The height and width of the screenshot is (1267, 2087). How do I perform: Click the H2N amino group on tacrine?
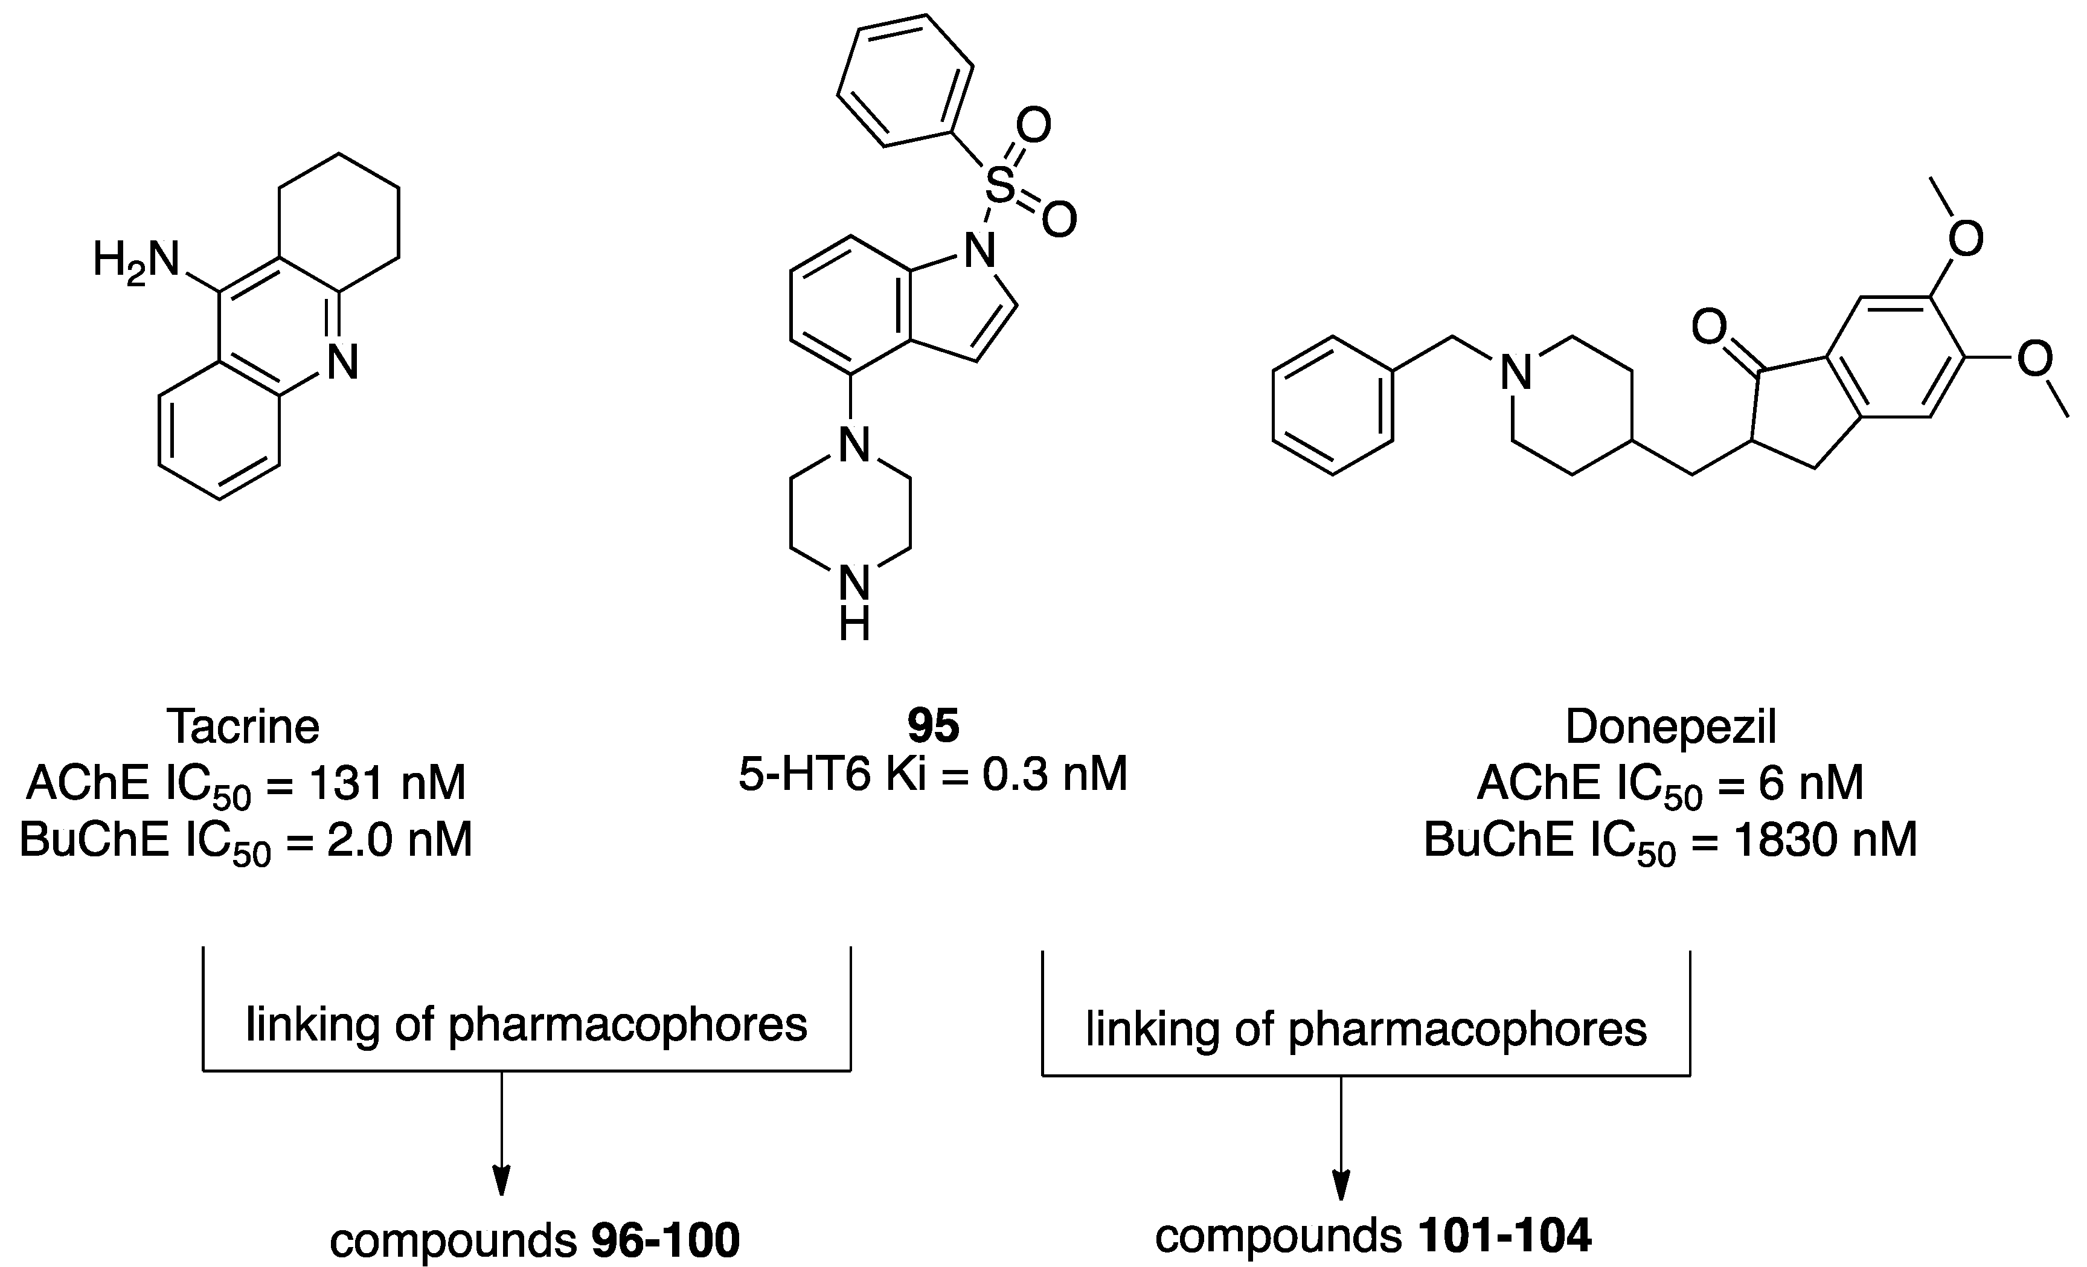click(x=135, y=261)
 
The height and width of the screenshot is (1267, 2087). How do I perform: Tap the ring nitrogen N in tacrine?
click(x=343, y=362)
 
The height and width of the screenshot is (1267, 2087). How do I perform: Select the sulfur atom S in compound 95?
click(x=1000, y=187)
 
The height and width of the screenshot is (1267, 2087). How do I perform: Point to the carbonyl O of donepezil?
click(x=1709, y=326)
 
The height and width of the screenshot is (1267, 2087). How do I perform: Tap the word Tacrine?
click(x=243, y=727)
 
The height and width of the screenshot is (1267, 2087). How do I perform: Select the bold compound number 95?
click(x=934, y=726)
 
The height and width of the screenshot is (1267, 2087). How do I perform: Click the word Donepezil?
click(x=1670, y=727)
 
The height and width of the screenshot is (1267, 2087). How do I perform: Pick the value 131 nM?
click(x=387, y=783)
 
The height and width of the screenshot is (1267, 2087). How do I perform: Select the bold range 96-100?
click(x=665, y=1242)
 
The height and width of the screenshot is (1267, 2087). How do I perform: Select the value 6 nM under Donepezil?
click(x=1811, y=783)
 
